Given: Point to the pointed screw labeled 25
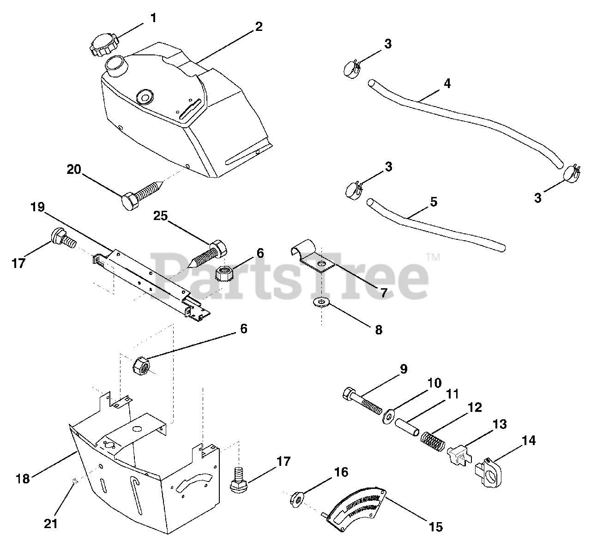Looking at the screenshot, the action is pos(210,252).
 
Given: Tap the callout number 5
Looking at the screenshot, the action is pos(433,202).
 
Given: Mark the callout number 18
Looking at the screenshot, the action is pos(22,478).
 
